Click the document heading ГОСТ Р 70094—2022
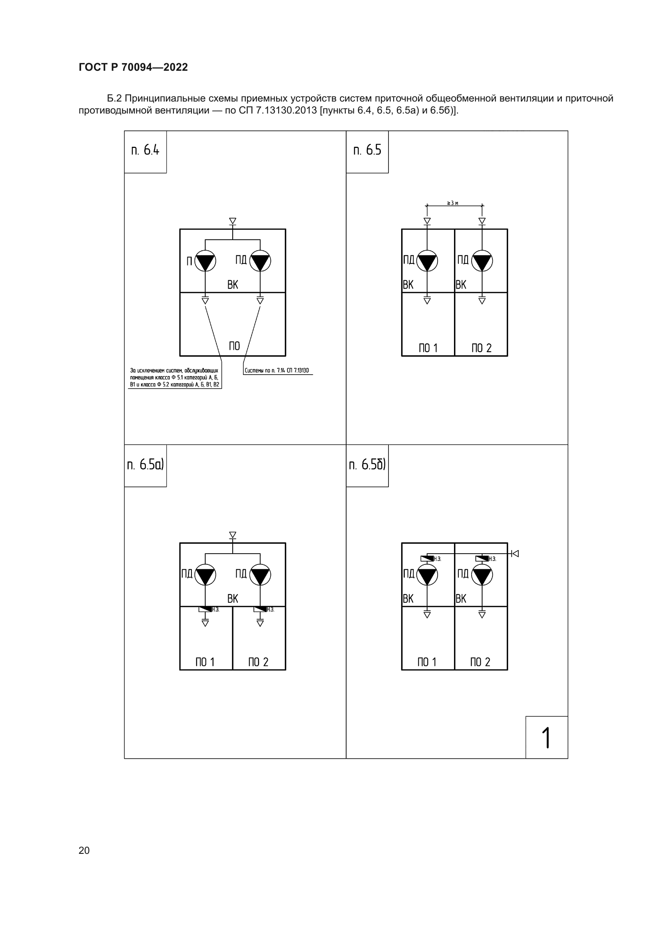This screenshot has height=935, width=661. [133, 67]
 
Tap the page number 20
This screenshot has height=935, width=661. [84, 850]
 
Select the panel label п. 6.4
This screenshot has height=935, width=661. [145, 150]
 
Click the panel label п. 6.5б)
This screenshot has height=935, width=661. [367, 464]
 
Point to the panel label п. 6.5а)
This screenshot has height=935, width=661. [145, 464]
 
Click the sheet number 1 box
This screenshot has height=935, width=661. [546, 737]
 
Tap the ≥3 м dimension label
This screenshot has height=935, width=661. [453, 203]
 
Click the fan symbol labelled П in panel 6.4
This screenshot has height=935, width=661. [205, 261]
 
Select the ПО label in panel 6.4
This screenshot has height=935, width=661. [234, 346]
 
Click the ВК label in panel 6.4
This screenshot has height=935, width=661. [233, 285]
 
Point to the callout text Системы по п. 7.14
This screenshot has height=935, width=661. [277, 371]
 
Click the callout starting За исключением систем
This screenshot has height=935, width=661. [174, 377]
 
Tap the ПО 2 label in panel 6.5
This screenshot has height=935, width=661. [482, 348]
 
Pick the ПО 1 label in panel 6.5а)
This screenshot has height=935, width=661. [205, 662]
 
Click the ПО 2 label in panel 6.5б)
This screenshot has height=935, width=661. [480, 662]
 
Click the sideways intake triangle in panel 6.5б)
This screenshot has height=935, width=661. [515, 553]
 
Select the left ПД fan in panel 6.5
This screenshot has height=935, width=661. [427, 261]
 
